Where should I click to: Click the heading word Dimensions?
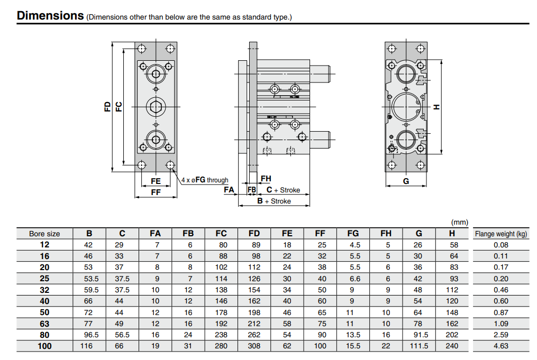click(50, 15)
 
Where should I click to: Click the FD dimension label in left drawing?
click(107, 106)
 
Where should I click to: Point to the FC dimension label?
click(119, 106)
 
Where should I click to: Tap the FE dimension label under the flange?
click(156, 181)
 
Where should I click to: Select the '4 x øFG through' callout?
click(205, 180)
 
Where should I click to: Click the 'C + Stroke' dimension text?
click(283, 190)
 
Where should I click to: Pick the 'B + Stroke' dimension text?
click(274, 201)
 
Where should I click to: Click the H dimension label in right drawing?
click(436, 107)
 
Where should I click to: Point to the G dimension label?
click(406, 181)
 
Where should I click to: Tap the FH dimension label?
click(266, 179)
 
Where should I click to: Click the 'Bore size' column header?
click(44, 234)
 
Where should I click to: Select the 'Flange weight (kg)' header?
click(500, 234)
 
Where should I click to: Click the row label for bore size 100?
click(44, 346)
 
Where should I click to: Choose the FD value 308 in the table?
click(254, 346)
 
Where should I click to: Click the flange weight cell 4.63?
click(500, 346)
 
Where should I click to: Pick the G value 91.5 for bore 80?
click(418, 335)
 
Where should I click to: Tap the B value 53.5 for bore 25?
click(89, 279)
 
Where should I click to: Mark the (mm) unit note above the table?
click(458, 223)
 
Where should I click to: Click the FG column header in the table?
click(353, 234)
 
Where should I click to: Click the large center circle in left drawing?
click(156, 106)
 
